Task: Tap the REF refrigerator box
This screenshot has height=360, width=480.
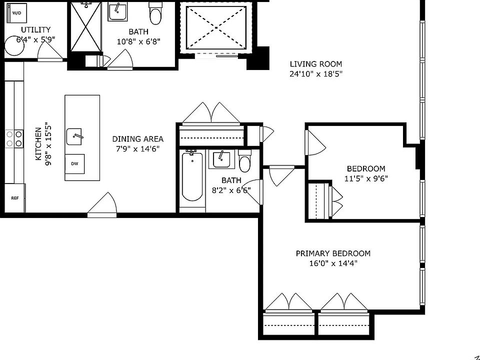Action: point(15,198)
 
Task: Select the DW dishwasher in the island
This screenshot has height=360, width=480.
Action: point(74,164)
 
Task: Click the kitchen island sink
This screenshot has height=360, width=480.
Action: point(74,136)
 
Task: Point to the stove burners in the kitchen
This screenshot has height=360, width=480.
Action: point(14,138)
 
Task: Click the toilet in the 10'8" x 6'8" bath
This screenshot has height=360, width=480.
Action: point(155,14)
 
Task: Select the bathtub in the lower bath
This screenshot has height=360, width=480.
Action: point(192,176)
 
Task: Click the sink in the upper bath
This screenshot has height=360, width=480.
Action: point(117,12)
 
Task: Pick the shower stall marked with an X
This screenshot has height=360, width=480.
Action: point(85,26)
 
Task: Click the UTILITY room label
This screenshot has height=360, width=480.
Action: point(35,29)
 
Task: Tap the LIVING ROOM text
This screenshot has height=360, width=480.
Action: point(316,64)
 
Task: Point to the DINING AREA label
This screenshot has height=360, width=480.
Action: point(138,139)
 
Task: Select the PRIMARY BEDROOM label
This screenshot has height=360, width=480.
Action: point(333,253)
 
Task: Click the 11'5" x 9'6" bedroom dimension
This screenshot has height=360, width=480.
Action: point(366,178)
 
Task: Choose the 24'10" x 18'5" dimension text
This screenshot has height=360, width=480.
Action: point(316,74)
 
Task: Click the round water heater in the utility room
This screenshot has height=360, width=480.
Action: point(14,45)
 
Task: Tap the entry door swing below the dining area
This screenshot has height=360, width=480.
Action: point(102,204)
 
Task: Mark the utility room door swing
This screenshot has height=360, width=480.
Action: point(49,50)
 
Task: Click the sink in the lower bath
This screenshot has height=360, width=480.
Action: point(221,159)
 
